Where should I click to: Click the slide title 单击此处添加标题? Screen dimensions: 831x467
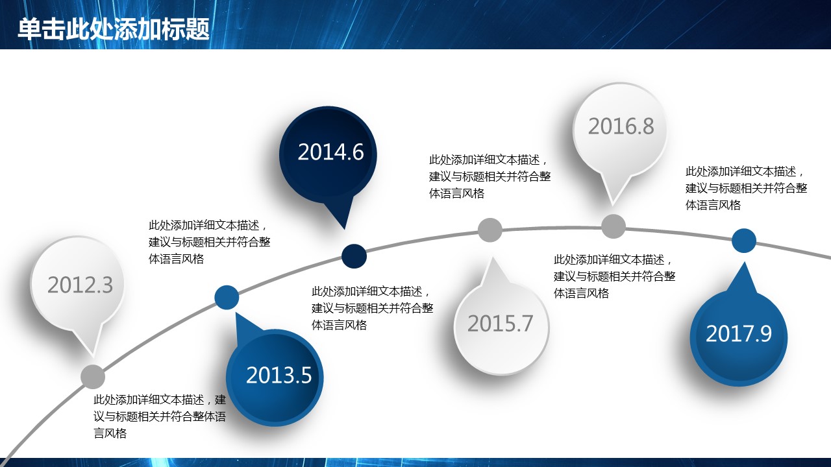click(x=114, y=29)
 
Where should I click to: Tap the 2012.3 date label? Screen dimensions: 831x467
click(x=80, y=285)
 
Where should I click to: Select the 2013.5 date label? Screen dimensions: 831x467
click(x=279, y=375)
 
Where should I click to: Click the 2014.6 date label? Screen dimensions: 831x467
click(x=330, y=152)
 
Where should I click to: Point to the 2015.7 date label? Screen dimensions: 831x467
click(x=500, y=323)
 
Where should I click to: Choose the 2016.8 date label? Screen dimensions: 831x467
click(x=621, y=126)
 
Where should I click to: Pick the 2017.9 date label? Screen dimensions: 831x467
click(x=739, y=333)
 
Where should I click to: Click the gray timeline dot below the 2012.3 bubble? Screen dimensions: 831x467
click(x=93, y=377)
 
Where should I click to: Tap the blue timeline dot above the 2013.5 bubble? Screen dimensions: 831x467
click(x=227, y=297)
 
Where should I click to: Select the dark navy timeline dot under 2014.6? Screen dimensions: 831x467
click(x=354, y=256)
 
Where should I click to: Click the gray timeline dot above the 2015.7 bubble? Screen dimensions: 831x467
click(x=490, y=230)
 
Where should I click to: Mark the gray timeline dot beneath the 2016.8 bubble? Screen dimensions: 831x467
click(x=614, y=226)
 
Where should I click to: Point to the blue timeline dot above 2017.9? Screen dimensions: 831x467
click(x=744, y=241)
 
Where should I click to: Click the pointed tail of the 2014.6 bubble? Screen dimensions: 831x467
click(x=345, y=229)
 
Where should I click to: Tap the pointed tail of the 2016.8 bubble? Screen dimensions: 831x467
click(x=612, y=206)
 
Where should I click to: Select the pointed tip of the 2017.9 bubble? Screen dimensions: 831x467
click(x=744, y=262)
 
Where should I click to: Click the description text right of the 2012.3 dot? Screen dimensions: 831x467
click(x=160, y=416)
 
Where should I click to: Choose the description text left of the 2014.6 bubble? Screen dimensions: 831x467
click(x=209, y=242)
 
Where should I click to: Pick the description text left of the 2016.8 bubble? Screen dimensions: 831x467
click(x=490, y=176)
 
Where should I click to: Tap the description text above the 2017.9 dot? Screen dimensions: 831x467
click(x=746, y=188)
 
